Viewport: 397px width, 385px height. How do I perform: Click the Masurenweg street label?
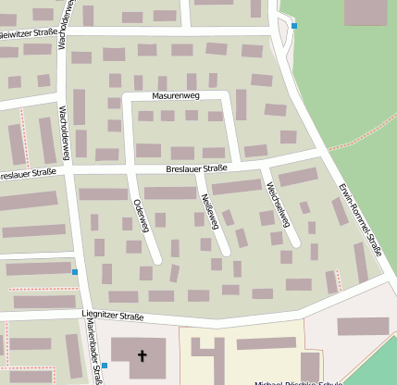point(176,96)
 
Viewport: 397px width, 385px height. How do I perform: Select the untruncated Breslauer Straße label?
point(196,168)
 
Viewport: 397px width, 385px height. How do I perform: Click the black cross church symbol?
point(143,355)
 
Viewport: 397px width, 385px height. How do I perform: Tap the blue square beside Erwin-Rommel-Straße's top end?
point(294,26)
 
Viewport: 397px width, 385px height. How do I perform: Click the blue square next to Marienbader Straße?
point(105,366)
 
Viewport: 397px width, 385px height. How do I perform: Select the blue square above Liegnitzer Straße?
point(75,272)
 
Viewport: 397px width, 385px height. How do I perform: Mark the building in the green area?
point(366,12)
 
